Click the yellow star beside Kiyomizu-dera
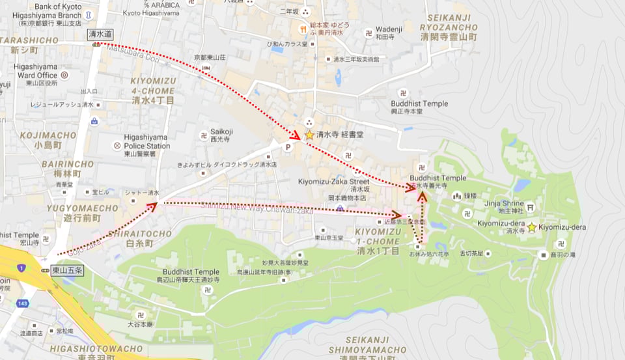532,227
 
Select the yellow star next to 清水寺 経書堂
309,135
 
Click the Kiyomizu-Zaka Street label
333,182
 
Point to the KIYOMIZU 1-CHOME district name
380,232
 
